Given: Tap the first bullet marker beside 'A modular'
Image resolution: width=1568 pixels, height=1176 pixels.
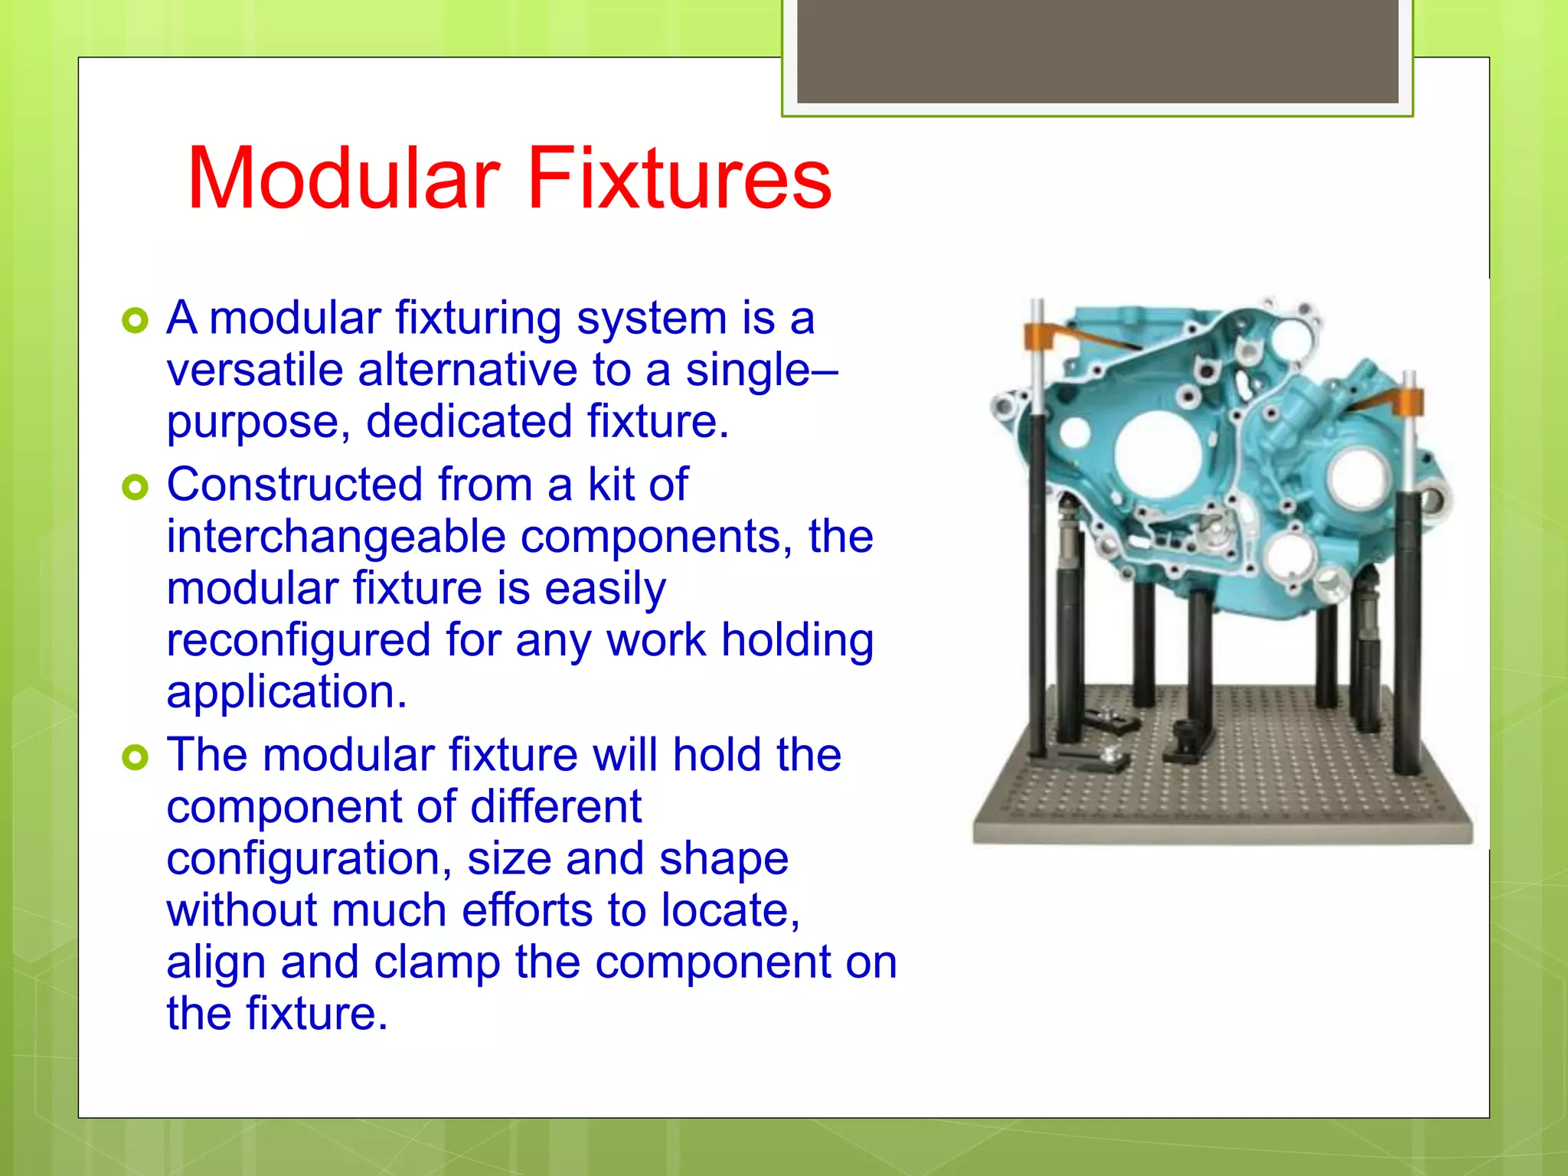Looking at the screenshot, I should point(135,321).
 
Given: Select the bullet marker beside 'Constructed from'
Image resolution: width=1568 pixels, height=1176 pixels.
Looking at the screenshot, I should point(135,487).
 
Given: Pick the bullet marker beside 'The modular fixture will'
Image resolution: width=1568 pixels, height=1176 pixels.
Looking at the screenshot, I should point(135,757).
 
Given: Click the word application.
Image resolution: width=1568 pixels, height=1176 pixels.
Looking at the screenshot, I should point(286,692).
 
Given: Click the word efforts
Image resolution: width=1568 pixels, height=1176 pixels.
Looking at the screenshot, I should point(527,910).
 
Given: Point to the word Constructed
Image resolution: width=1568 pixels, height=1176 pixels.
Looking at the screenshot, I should point(294,485).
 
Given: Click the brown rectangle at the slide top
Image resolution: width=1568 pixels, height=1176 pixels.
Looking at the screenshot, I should point(1097,51).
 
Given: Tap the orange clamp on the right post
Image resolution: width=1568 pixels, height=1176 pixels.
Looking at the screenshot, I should point(1407,401).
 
